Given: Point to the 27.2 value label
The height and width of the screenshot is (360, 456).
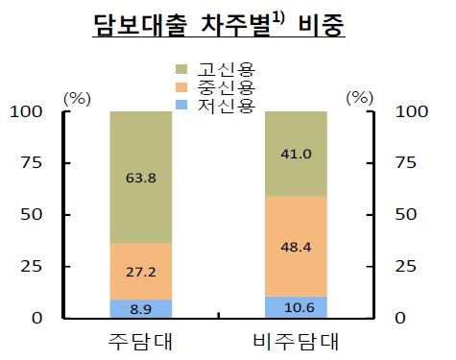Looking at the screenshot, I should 142,272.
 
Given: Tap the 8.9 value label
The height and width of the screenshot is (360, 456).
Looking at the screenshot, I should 142,309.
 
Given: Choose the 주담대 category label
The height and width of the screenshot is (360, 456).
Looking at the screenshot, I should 142,342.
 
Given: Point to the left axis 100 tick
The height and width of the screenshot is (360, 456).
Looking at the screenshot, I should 30,111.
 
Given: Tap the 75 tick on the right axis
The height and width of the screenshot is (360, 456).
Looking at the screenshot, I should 407,163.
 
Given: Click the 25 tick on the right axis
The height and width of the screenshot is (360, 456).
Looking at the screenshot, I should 407,266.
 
